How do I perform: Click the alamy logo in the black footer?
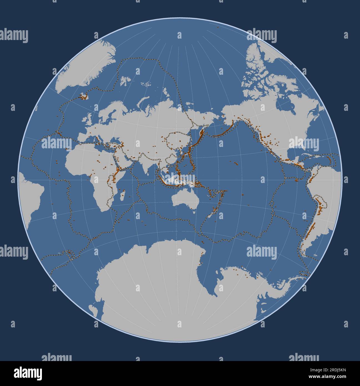[27, 372]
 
